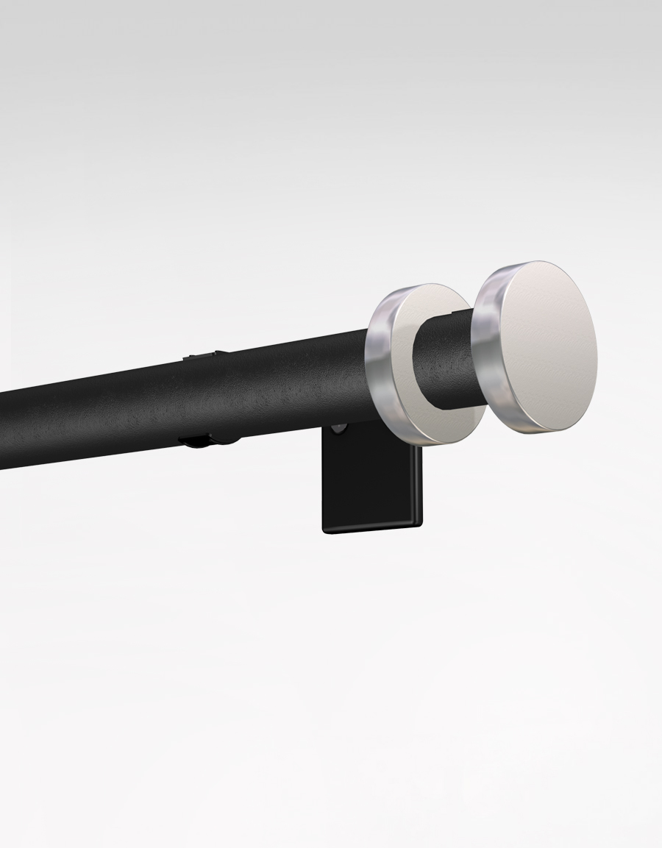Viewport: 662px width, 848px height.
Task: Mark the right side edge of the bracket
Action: click(421, 485)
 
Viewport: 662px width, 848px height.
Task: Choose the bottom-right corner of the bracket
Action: click(419, 525)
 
